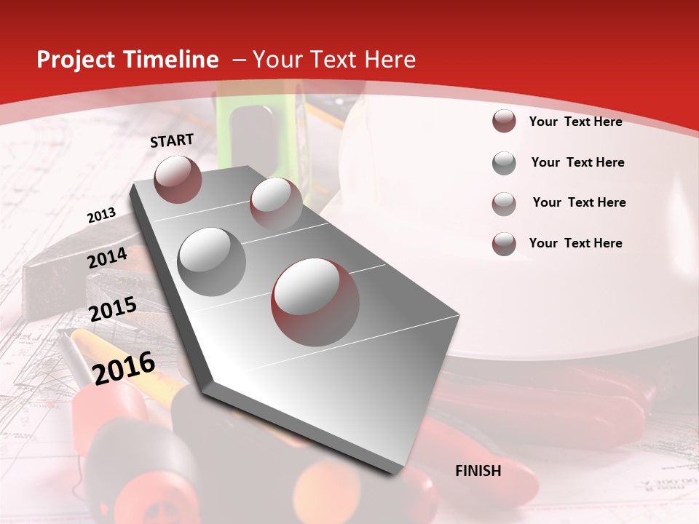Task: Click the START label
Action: point(172,140)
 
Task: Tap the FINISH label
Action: point(478,471)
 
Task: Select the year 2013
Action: point(101,215)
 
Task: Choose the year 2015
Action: point(112,310)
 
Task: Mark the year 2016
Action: point(124,367)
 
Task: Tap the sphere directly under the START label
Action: point(178,179)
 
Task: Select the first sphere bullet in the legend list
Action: point(504,122)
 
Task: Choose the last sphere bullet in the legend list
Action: point(504,244)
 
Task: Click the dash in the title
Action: point(238,60)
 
